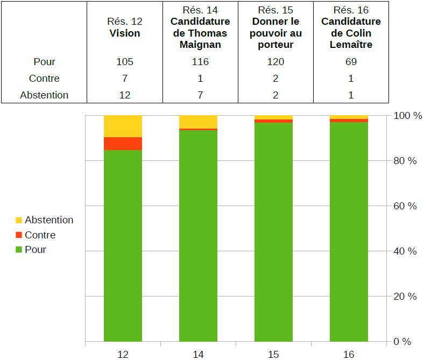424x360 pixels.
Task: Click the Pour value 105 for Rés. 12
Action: coord(125,62)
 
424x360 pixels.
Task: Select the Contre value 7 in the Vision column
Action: coord(125,79)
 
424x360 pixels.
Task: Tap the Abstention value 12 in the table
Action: coord(125,95)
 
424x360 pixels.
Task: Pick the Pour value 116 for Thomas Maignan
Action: coord(200,62)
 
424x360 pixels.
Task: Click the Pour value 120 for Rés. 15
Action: coord(275,62)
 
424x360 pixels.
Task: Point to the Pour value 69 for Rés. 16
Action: coord(351,62)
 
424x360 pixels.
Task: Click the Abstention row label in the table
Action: coord(44,95)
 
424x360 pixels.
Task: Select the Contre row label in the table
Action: coord(44,79)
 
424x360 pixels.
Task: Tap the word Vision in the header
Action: coord(125,33)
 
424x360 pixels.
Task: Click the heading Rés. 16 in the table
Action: coord(351,10)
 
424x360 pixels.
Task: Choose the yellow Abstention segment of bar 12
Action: coord(123,126)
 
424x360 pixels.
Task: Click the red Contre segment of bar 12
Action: coord(123,144)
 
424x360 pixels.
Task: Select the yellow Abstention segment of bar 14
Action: coord(198,122)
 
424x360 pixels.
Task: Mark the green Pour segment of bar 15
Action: coord(273,231)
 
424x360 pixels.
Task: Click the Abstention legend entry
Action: coord(48,220)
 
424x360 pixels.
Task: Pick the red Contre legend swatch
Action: coord(19,235)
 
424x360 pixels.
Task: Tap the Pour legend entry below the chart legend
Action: coord(35,250)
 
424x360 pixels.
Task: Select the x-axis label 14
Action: coord(198,354)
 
